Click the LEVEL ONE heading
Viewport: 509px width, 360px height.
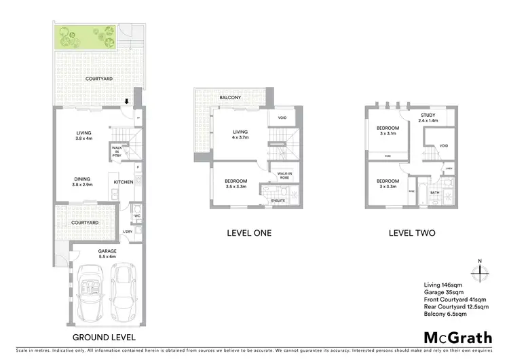coord(248,233)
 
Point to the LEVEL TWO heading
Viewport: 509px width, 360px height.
coord(411,233)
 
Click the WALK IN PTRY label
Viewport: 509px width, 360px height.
coord(117,151)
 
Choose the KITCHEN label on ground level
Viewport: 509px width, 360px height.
coord(124,182)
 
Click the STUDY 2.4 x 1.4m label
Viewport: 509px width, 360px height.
coord(428,117)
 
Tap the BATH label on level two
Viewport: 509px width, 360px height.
coord(434,193)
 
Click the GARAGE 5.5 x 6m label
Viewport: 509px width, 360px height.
coord(89,253)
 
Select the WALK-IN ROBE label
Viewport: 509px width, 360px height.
coord(284,176)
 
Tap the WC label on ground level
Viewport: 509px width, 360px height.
coord(136,217)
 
